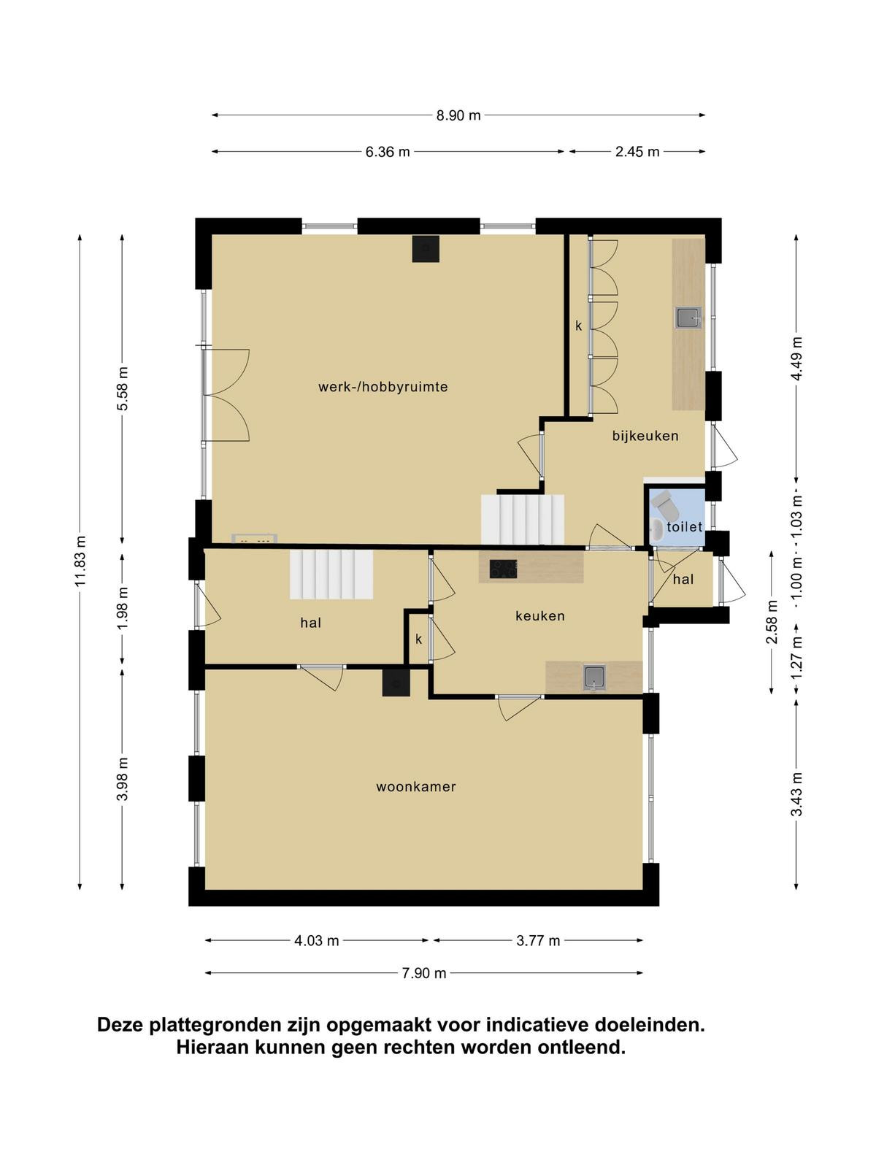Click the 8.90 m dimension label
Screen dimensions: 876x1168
(x=458, y=115)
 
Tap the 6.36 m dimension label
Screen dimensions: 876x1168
(x=387, y=152)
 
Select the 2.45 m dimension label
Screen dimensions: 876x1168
(x=637, y=152)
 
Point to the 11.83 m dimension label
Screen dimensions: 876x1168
(x=80, y=561)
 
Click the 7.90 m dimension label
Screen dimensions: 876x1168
(x=423, y=973)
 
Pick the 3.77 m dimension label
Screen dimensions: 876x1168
(x=538, y=941)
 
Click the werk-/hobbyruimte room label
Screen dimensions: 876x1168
(x=383, y=387)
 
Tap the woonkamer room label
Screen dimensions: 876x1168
(x=416, y=786)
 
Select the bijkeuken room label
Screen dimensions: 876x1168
(x=645, y=436)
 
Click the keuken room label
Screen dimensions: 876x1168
(x=540, y=615)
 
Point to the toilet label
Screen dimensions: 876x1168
(x=685, y=527)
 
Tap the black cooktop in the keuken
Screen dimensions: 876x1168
(x=503, y=569)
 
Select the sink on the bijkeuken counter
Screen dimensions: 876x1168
(x=689, y=318)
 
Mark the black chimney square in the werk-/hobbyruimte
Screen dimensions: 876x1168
(x=426, y=249)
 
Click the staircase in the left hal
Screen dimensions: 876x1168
(x=331, y=575)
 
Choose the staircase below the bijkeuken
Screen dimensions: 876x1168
(x=523, y=520)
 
